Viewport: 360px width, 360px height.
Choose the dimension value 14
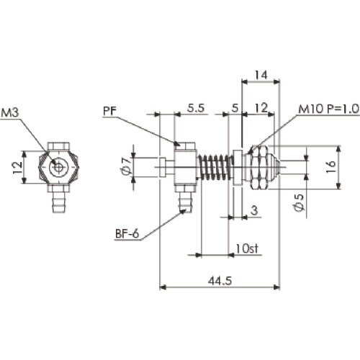(x=261, y=74)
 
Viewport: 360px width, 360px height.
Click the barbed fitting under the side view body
(x=186, y=199)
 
